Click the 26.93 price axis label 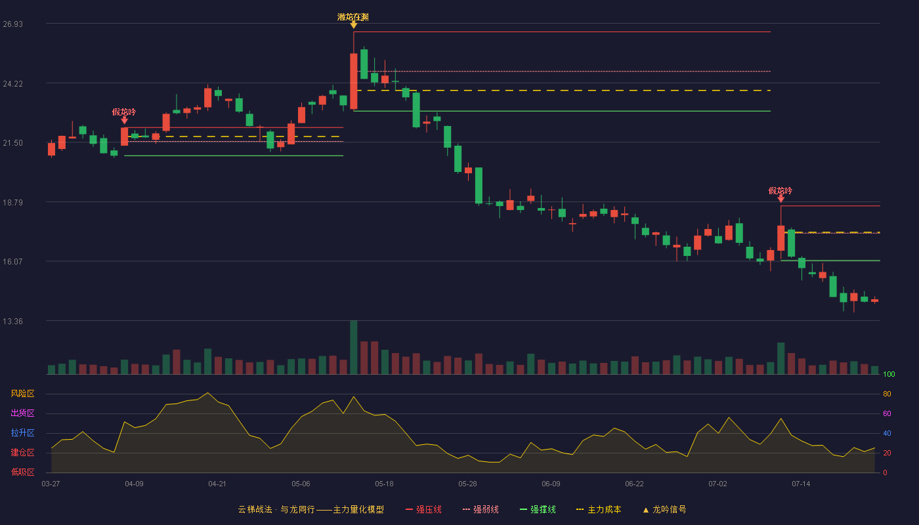click(x=12, y=24)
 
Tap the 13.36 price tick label click(x=12, y=321)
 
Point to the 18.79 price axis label click(x=12, y=203)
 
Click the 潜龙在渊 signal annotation click(x=353, y=17)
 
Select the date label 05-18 click(x=384, y=484)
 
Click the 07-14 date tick click(x=801, y=484)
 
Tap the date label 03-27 click(x=51, y=484)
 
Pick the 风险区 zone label click(x=22, y=394)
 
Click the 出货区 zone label click(x=22, y=413)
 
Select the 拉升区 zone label click(x=22, y=432)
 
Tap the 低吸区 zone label click(x=22, y=472)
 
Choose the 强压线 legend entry click(x=423, y=509)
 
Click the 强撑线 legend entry click(x=538, y=509)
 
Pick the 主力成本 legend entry click(x=599, y=509)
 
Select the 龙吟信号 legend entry click(x=664, y=509)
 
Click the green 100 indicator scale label click(x=889, y=374)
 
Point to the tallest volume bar click(x=354, y=347)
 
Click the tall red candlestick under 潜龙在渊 click(x=354, y=81)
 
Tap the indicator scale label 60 click(x=887, y=413)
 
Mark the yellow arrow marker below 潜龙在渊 click(x=354, y=26)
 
